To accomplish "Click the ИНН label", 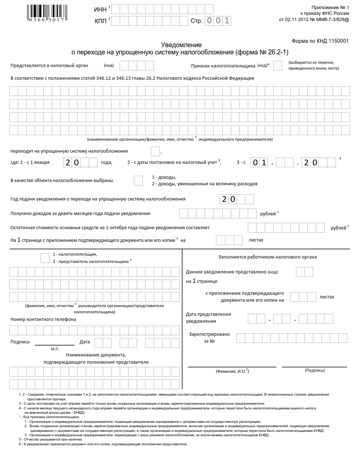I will tap(100, 9).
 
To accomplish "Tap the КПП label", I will tap(101, 21).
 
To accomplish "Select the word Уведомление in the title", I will tap(181, 45).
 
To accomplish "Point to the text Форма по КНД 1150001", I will tap(320, 41).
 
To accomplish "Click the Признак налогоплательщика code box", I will tap(278, 66).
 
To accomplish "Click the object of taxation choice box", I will tap(138, 181).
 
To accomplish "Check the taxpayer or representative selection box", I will tap(45, 258).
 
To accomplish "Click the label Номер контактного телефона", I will tap(43, 319).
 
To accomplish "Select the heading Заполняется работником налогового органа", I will tap(267, 257).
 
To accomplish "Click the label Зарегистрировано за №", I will tap(209, 338).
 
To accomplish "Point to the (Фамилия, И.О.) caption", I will tap(232, 371).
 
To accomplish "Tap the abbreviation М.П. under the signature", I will tap(55, 349).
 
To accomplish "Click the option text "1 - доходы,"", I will tap(164, 177).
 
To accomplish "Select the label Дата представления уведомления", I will tap(208, 318).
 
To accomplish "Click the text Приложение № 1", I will tap(330, 8).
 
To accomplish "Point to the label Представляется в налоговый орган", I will tap(49, 66).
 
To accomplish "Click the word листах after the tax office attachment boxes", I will tap(327, 297).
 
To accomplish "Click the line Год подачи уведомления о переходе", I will tap(98, 199).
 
